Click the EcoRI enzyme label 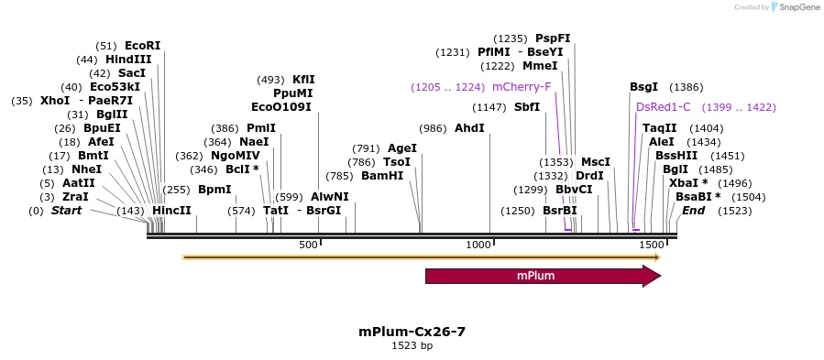click(x=142, y=46)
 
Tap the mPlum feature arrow click(x=542, y=276)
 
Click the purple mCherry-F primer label click(x=522, y=87)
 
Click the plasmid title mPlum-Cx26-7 click(x=412, y=331)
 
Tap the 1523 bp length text click(x=412, y=346)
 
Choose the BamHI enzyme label click(x=382, y=176)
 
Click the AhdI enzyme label click(x=469, y=128)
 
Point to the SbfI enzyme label click(x=527, y=107)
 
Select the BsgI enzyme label click(x=643, y=87)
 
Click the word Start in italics click(x=66, y=211)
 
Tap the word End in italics click(x=693, y=211)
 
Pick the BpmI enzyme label click(x=214, y=190)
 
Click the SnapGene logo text click(x=797, y=7)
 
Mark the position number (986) click(x=432, y=128)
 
